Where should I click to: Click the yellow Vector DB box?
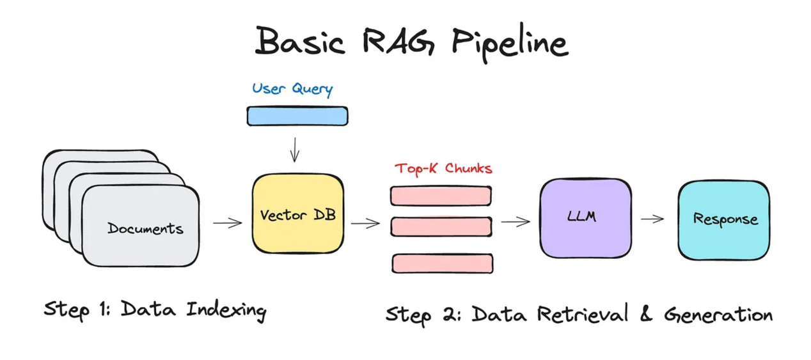297,214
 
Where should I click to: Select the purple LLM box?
585,217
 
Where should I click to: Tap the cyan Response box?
724,219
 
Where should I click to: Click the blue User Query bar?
297,116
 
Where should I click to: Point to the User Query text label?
292,88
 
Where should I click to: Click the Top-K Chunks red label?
443,169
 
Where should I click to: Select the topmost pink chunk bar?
441,196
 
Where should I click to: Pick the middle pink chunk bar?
441,226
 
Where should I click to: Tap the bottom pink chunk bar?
442,263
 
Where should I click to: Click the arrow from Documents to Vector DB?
227,223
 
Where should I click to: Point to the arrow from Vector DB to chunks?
365,223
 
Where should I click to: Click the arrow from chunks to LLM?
516,222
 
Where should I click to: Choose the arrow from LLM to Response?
652,219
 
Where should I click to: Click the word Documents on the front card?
145,228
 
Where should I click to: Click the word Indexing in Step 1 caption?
226,310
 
